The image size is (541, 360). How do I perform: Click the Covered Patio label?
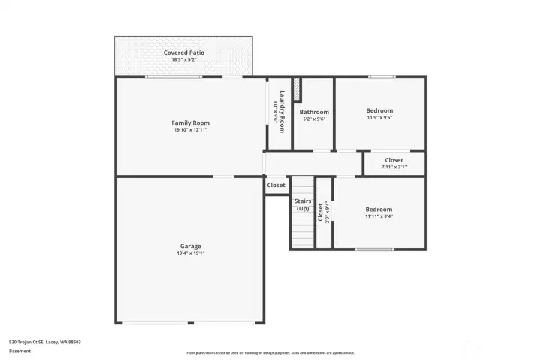click(184, 53)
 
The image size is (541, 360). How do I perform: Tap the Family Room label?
click(190, 123)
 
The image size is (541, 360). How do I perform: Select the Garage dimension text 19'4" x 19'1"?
click(190, 253)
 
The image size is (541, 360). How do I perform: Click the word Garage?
click(190, 246)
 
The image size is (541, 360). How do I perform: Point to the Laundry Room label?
click(282, 111)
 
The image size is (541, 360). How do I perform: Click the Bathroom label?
click(314, 112)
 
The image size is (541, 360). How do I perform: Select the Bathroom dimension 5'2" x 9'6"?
click(314, 119)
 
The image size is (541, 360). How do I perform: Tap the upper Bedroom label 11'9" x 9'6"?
click(379, 110)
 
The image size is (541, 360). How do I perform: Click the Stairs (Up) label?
click(302, 204)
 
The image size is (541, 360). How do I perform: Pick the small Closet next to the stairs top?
click(276, 185)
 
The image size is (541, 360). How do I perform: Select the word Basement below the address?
click(20, 351)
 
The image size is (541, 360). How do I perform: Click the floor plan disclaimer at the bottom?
click(270, 352)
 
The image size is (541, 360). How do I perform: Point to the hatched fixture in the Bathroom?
click(297, 89)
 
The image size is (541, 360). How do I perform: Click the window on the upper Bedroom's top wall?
click(381, 77)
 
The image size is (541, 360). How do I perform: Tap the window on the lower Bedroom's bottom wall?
click(374, 250)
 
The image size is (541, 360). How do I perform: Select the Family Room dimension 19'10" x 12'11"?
click(190, 130)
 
